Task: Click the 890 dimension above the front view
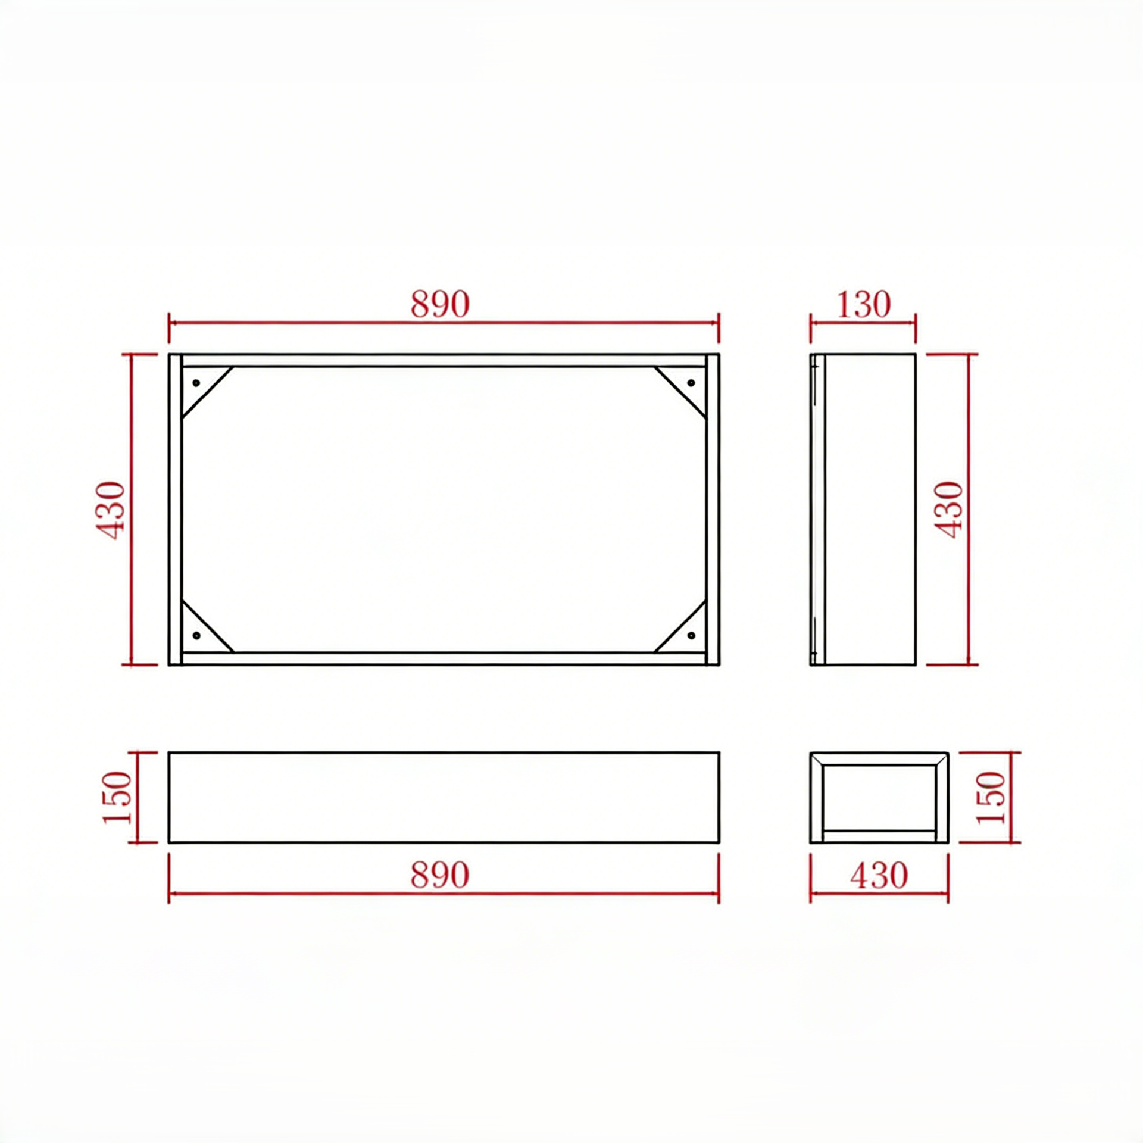pyautogui.click(x=440, y=304)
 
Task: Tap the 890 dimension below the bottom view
pyautogui.click(x=440, y=875)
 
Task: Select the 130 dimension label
pyautogui.click(x=863, y=305)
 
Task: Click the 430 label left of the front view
pyautogui.click(x=112, y=510)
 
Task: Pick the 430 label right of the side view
pyautogui.click(x=949, y=510)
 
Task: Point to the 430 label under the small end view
pyautogui.click(x=879, y=875)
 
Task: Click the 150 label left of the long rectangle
pyautogui.click(x=117, y=798)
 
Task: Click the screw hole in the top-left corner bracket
pyautogui.click(x=196, y=383)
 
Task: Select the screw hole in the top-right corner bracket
pyautogui.click(x=691, y=383)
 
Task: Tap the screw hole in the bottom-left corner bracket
pyautogui.click(x=196, y=636)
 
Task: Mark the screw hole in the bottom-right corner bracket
pyautogui.click(x=691, y=636)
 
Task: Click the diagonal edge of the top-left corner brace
pyautogui.click(x=207, y=393)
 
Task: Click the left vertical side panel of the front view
pyautogui.click(x=175, y=510)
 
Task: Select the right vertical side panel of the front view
pyautogui.click(x=713, y=510)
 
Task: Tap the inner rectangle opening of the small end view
pyautogui.click(x=879, y=798)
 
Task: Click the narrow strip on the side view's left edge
pyautogui.click(x=817, y=510)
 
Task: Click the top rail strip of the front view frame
pyautogui.click(x=444, y=361)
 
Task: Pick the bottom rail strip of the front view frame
pyautogui.click(x=444, y=658)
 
